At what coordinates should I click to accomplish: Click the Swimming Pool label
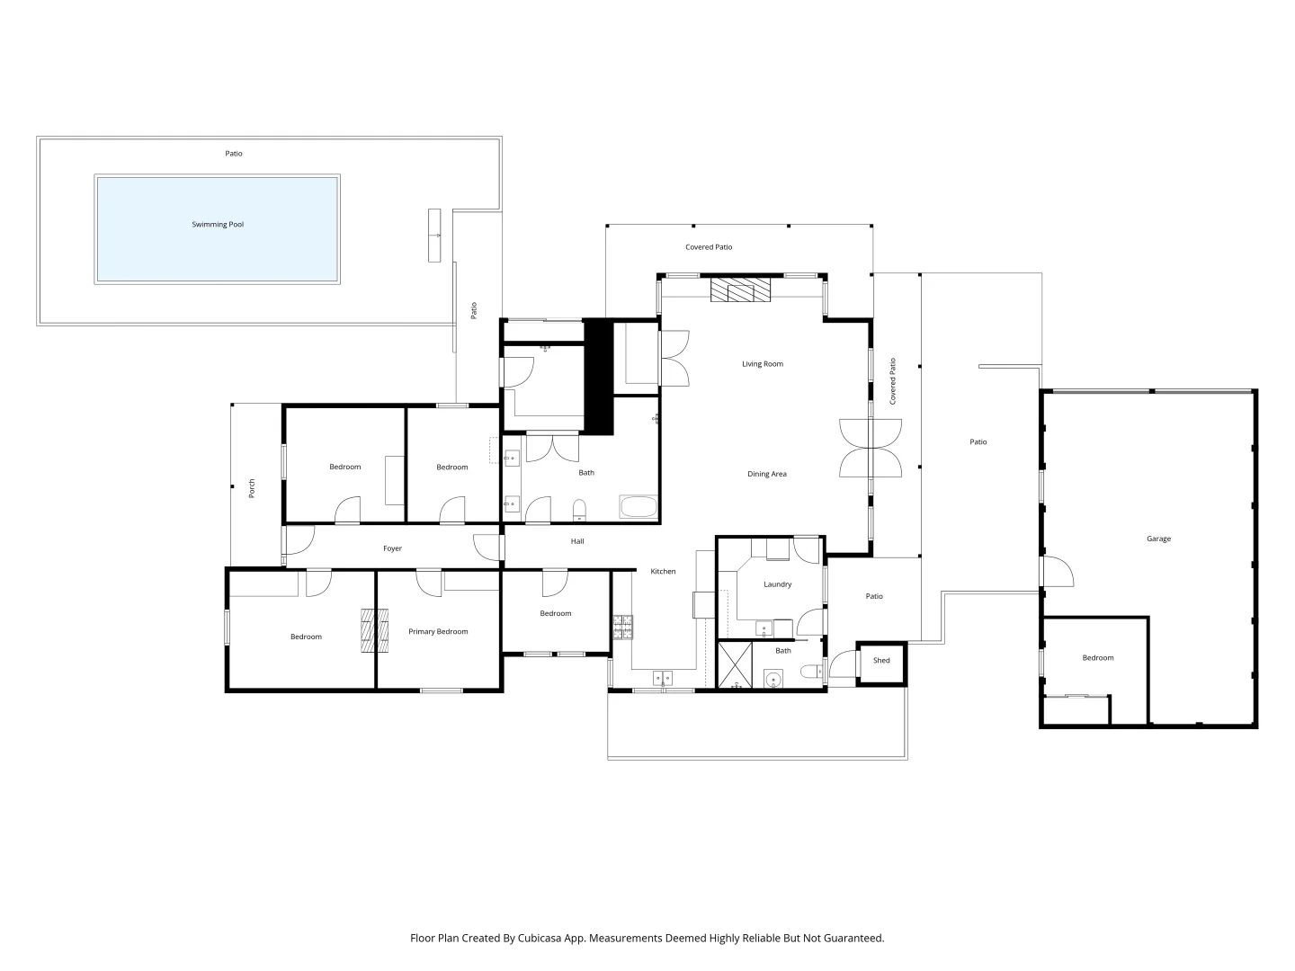[x=217, y=224]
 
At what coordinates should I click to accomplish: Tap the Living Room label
[x=763, y=364]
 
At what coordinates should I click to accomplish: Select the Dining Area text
[x=766, y=474]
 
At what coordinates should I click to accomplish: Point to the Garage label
[x=1158, y=539]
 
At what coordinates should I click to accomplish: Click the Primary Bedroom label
[x=438, y=631]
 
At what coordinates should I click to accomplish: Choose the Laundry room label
[x=777, y=584]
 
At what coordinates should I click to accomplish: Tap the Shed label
[x=880, y=660]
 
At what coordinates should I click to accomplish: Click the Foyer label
[x=392, y=548]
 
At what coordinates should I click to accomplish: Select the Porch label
[x=251, y=488]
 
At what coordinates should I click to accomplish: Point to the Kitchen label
[x=663, y=571]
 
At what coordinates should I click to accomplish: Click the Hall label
[x=577, y=540]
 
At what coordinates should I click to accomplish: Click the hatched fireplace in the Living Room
[x=740, y=290]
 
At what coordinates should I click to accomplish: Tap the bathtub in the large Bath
[x=638, y=506]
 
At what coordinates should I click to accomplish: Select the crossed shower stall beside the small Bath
[x=735, y=665]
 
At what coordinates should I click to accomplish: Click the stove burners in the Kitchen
[x=623, y=628]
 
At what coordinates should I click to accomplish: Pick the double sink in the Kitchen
[x=662, y=679]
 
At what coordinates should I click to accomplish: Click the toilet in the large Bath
[x=579, y=511]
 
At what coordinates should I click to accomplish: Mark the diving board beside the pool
[x=434, y=236]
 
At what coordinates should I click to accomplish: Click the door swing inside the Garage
[x=1058, y=571]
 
